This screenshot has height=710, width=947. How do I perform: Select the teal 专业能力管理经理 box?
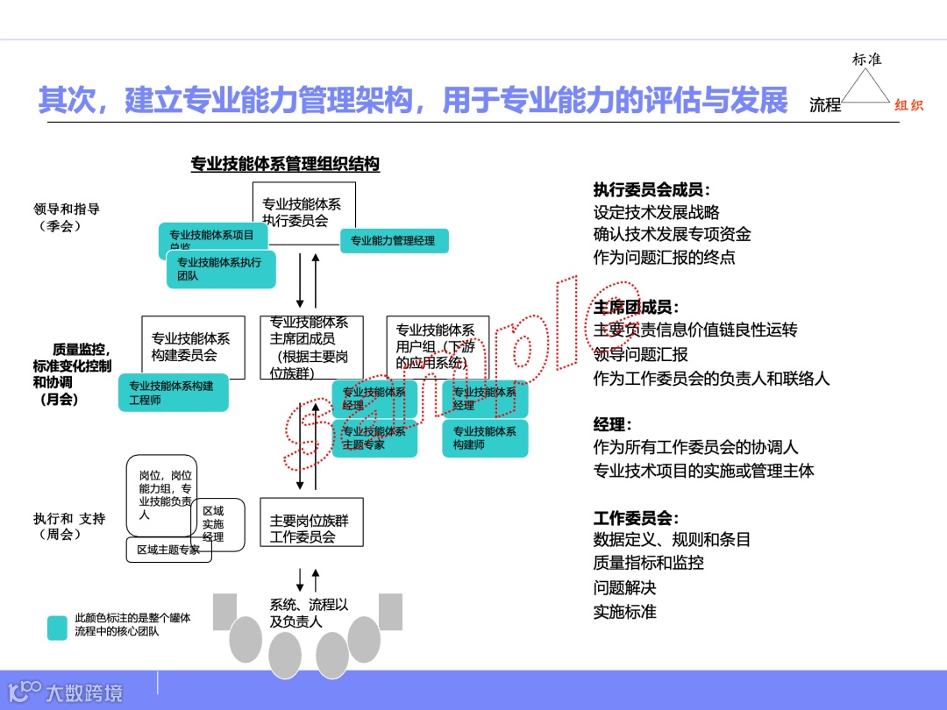(394, 241)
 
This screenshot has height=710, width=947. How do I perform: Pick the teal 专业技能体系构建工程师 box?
(173, 393)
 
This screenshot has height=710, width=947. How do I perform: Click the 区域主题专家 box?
(168, 550)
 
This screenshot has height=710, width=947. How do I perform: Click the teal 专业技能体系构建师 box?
(485, 437)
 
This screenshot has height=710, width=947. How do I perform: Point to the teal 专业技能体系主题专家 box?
(374, 437)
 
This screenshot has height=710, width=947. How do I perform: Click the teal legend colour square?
(57, 628)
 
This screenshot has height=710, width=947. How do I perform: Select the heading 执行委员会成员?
(652, 189)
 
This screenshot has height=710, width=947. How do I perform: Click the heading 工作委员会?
(637, 517)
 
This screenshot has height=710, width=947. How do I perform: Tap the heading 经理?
(613, 424)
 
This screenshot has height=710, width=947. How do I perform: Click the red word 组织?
(909, 105)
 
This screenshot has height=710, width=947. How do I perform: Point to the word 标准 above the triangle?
(866, 60)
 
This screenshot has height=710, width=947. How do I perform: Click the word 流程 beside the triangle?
(825, 105)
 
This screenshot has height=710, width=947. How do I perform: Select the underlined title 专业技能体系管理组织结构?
(285, 164)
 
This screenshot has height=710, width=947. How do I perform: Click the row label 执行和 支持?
(69, 519)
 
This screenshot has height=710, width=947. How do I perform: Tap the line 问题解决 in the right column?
(624, 587)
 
